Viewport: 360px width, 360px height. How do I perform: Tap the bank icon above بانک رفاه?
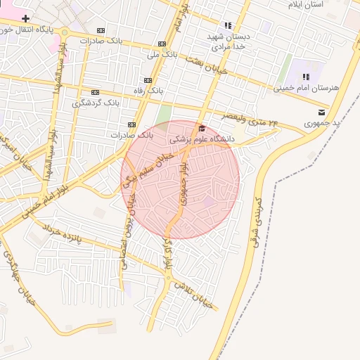pyautogui.click(x=148, y=81)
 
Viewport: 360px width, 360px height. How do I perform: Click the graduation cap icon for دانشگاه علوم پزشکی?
pyautogui.click(x=202, y=129)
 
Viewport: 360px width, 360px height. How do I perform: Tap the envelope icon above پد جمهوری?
pyautogui.click(x=321, y=112)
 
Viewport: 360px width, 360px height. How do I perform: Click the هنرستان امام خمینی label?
pyautogui.click(x=306, y=88)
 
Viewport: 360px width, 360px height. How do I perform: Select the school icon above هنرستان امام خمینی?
pyautogui.click(x=306, y=77)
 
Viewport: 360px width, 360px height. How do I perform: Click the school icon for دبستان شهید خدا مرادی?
pyautogui.click(x=227, y=25)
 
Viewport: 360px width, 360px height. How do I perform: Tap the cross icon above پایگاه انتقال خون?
pyautogui.click(x=25, y=18)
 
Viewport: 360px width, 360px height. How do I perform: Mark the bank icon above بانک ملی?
pyautogui.click(x=162, y=43)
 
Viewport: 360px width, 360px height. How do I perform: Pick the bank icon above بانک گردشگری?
pyautogui.click(x=95, y=92)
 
